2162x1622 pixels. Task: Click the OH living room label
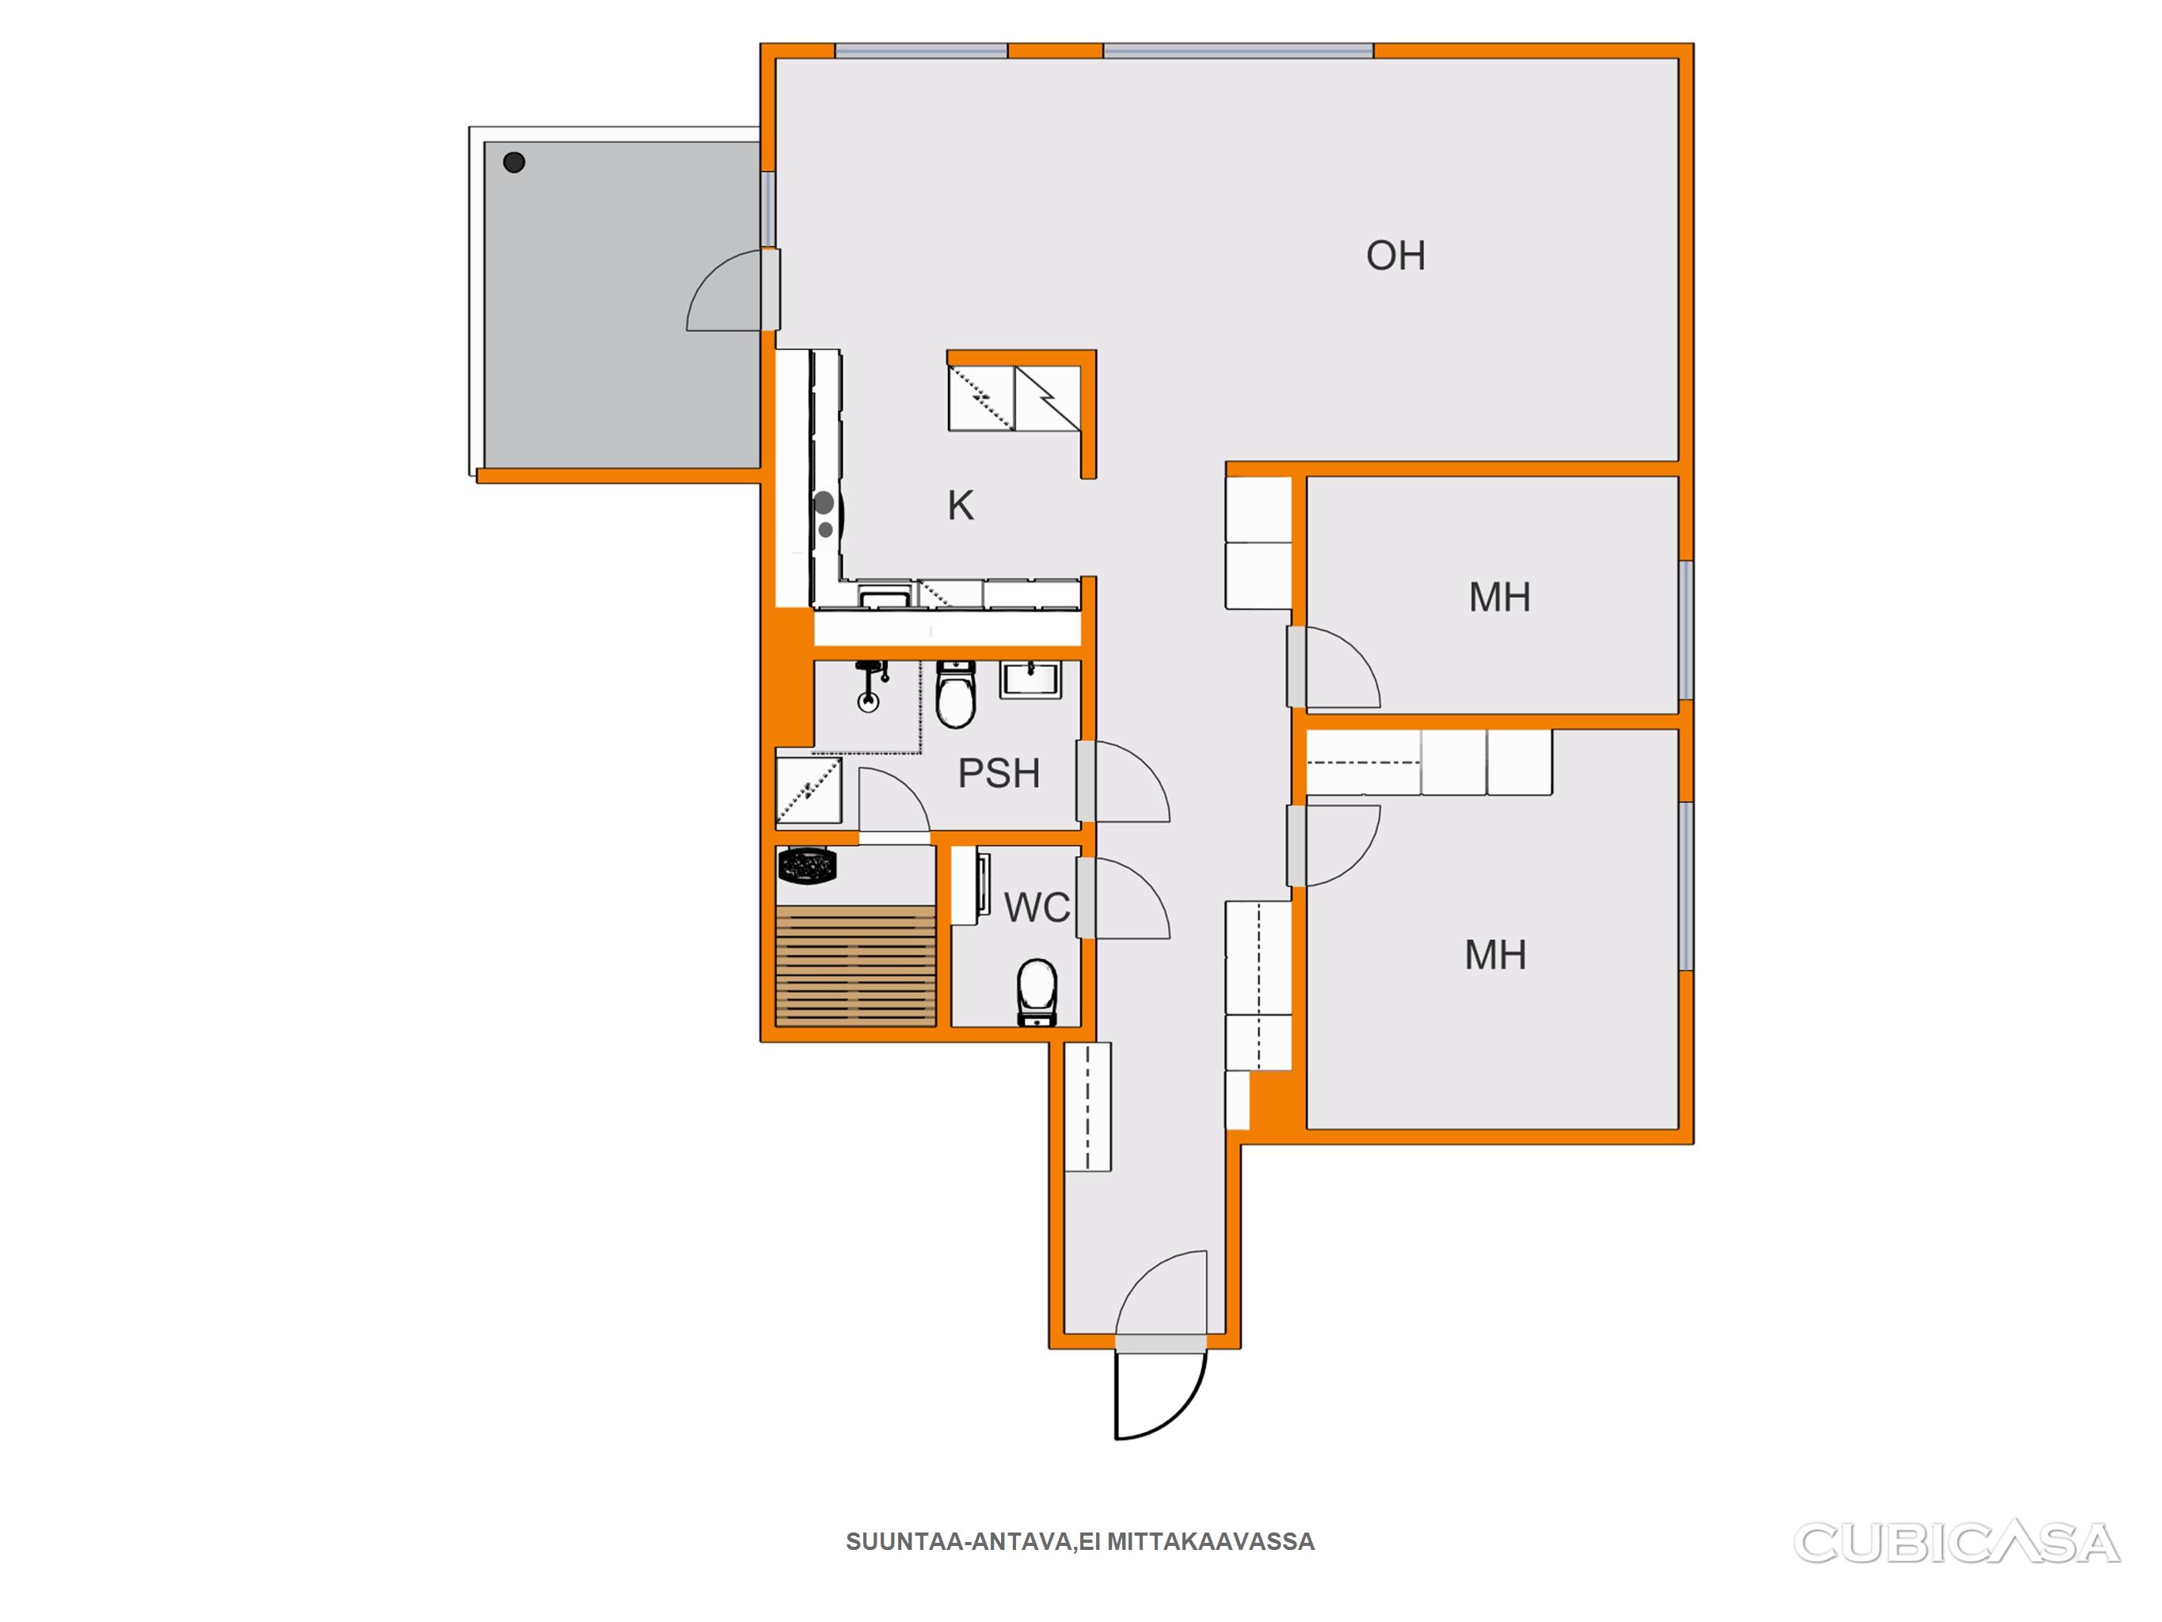[1395, 255]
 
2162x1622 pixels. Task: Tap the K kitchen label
[960, 505]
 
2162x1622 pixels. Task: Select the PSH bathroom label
[998, 773]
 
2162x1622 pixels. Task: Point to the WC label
[1037, 908]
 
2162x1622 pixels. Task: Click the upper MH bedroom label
[1499, 597]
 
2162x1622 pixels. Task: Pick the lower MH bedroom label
[1495, 954]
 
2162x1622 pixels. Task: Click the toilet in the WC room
[1037, 992]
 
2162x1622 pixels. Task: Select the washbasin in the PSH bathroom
[1030, 680]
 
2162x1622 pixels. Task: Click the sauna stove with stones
[806, 866]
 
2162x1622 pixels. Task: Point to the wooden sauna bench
[855, 966]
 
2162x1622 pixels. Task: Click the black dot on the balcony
[514, 162]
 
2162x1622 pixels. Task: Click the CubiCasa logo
[1957, 1544]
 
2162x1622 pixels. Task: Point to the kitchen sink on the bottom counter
[885, 596]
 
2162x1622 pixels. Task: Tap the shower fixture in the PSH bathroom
[870, 685]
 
